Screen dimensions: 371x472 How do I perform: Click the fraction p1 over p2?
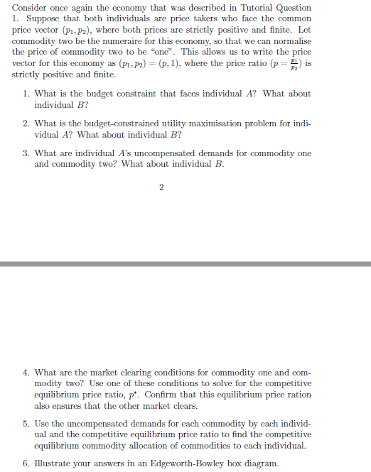pyautogui.click(x=291, y=63)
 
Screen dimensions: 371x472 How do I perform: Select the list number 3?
pyautogui.click(x=26, y=153)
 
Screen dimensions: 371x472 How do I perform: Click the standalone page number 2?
pyautogui.click(x=161, y=187)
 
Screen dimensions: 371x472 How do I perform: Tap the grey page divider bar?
pyautogui.click(x=185, y=264)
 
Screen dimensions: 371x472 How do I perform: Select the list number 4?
pyautogui.click(x=26, y=373)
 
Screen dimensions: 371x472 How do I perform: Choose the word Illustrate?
pyautogui.click(x=54, y=463)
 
